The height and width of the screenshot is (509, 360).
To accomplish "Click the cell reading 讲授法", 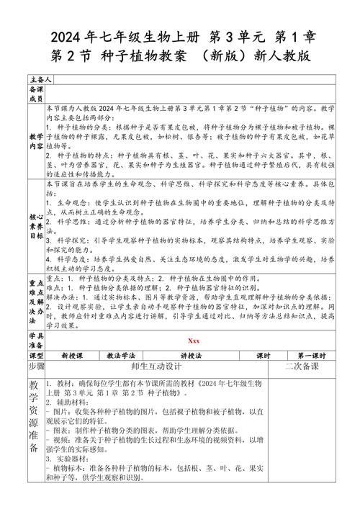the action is click(190, 356).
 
